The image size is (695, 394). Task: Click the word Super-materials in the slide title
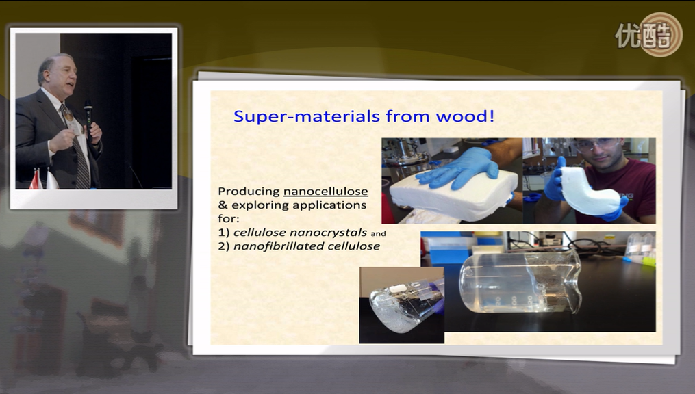[x=307, y=116]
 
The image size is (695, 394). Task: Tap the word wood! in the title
[x=465, y=116]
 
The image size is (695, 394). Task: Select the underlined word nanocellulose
[x=326, y=192]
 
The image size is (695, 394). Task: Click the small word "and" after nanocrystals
[x=378, y=234]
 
